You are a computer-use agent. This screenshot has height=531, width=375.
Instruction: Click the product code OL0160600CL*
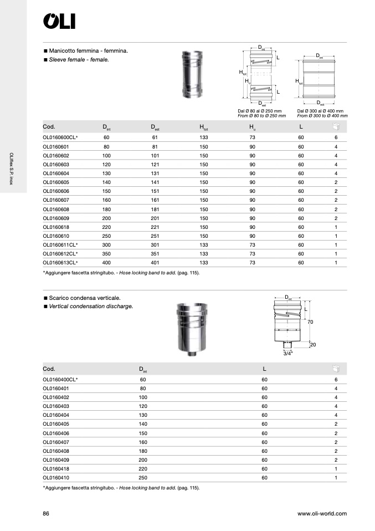pyautogui.click(x=60, y=137)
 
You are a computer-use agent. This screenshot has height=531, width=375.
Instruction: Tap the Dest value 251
pyautogui.click(x=155, y=236)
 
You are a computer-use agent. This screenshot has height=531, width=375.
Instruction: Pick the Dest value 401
pyautogui.click(x=155, y=263)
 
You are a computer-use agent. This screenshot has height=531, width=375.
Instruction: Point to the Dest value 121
pyautogui.click(x=155, y=165)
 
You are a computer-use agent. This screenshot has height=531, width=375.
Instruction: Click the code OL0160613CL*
pyautogui.click(x=60, y=263)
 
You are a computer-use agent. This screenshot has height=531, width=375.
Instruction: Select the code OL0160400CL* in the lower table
pyautogui.click(x=60, y=380)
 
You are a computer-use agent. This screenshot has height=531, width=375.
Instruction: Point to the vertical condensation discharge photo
pyautogui.click(x=189, y=331)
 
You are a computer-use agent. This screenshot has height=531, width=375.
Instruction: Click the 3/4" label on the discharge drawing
pyautogui.click(x=288, y=353)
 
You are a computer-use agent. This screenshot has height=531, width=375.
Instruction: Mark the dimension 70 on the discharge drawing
pyautogui.click(x=311, y=321)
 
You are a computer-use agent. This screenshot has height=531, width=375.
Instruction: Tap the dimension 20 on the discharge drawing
pyautogui.click(x=312, y=345)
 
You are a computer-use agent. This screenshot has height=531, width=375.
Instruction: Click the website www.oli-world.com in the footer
pyautogui.click(x=322, y=514)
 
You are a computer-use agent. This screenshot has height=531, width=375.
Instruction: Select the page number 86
pyautogui.click(x=46, y=514)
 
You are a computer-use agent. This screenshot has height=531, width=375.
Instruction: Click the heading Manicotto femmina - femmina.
pyautogui.click(x=89, y=50)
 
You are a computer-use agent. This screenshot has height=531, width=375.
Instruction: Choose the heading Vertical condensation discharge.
pyautogui.click(x=91, y=306)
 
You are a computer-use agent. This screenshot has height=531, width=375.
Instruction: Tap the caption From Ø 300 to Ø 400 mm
pyautogui.click(x=322, y=116)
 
